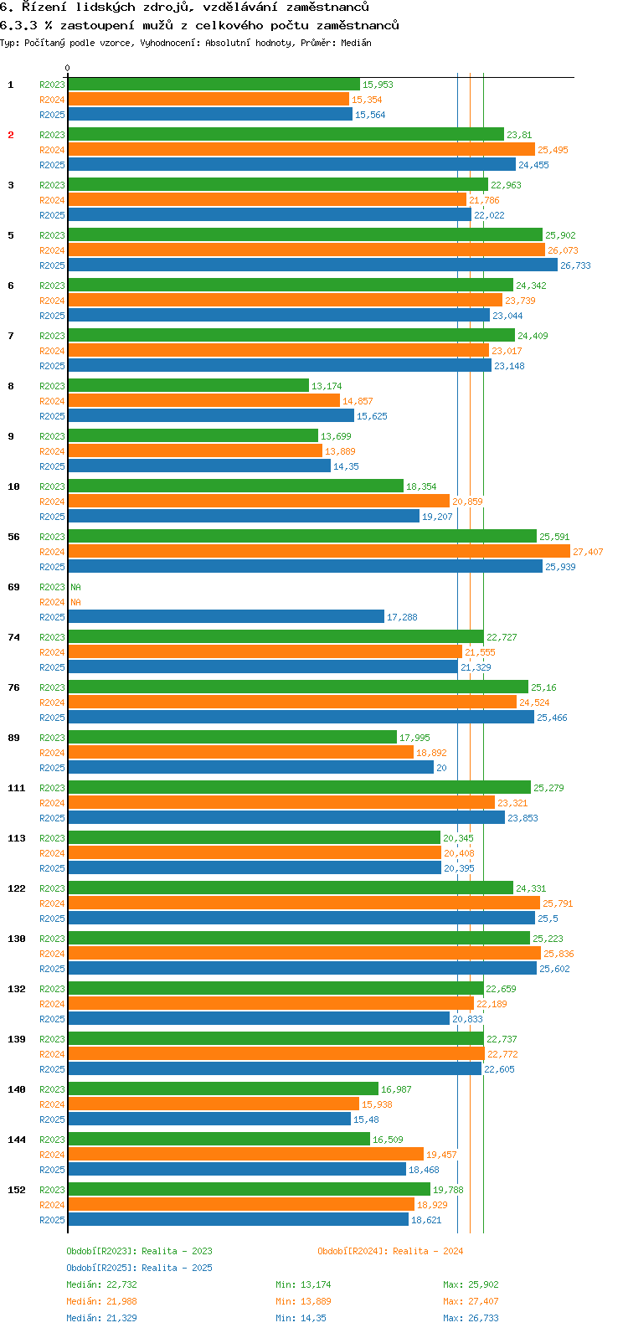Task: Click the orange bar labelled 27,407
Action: (318, 552)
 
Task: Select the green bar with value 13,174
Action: (188, 386)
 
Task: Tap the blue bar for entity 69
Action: (226, 617)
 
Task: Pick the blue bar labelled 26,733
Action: (312, 265)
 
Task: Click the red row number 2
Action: (11, 135)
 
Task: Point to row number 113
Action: (17, 838)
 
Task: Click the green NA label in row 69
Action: (75, 587)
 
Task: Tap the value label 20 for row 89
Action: (441, 768)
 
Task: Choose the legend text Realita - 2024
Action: (427, 1251)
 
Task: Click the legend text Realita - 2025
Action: (177, 1268)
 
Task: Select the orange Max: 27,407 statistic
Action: (471, 1301)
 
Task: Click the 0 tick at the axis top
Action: (68, 69)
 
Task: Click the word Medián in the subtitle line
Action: (357, 43)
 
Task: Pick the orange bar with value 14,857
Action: (203, 401)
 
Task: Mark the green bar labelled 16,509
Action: (219, 1140)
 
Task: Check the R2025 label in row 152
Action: (52, 1220)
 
